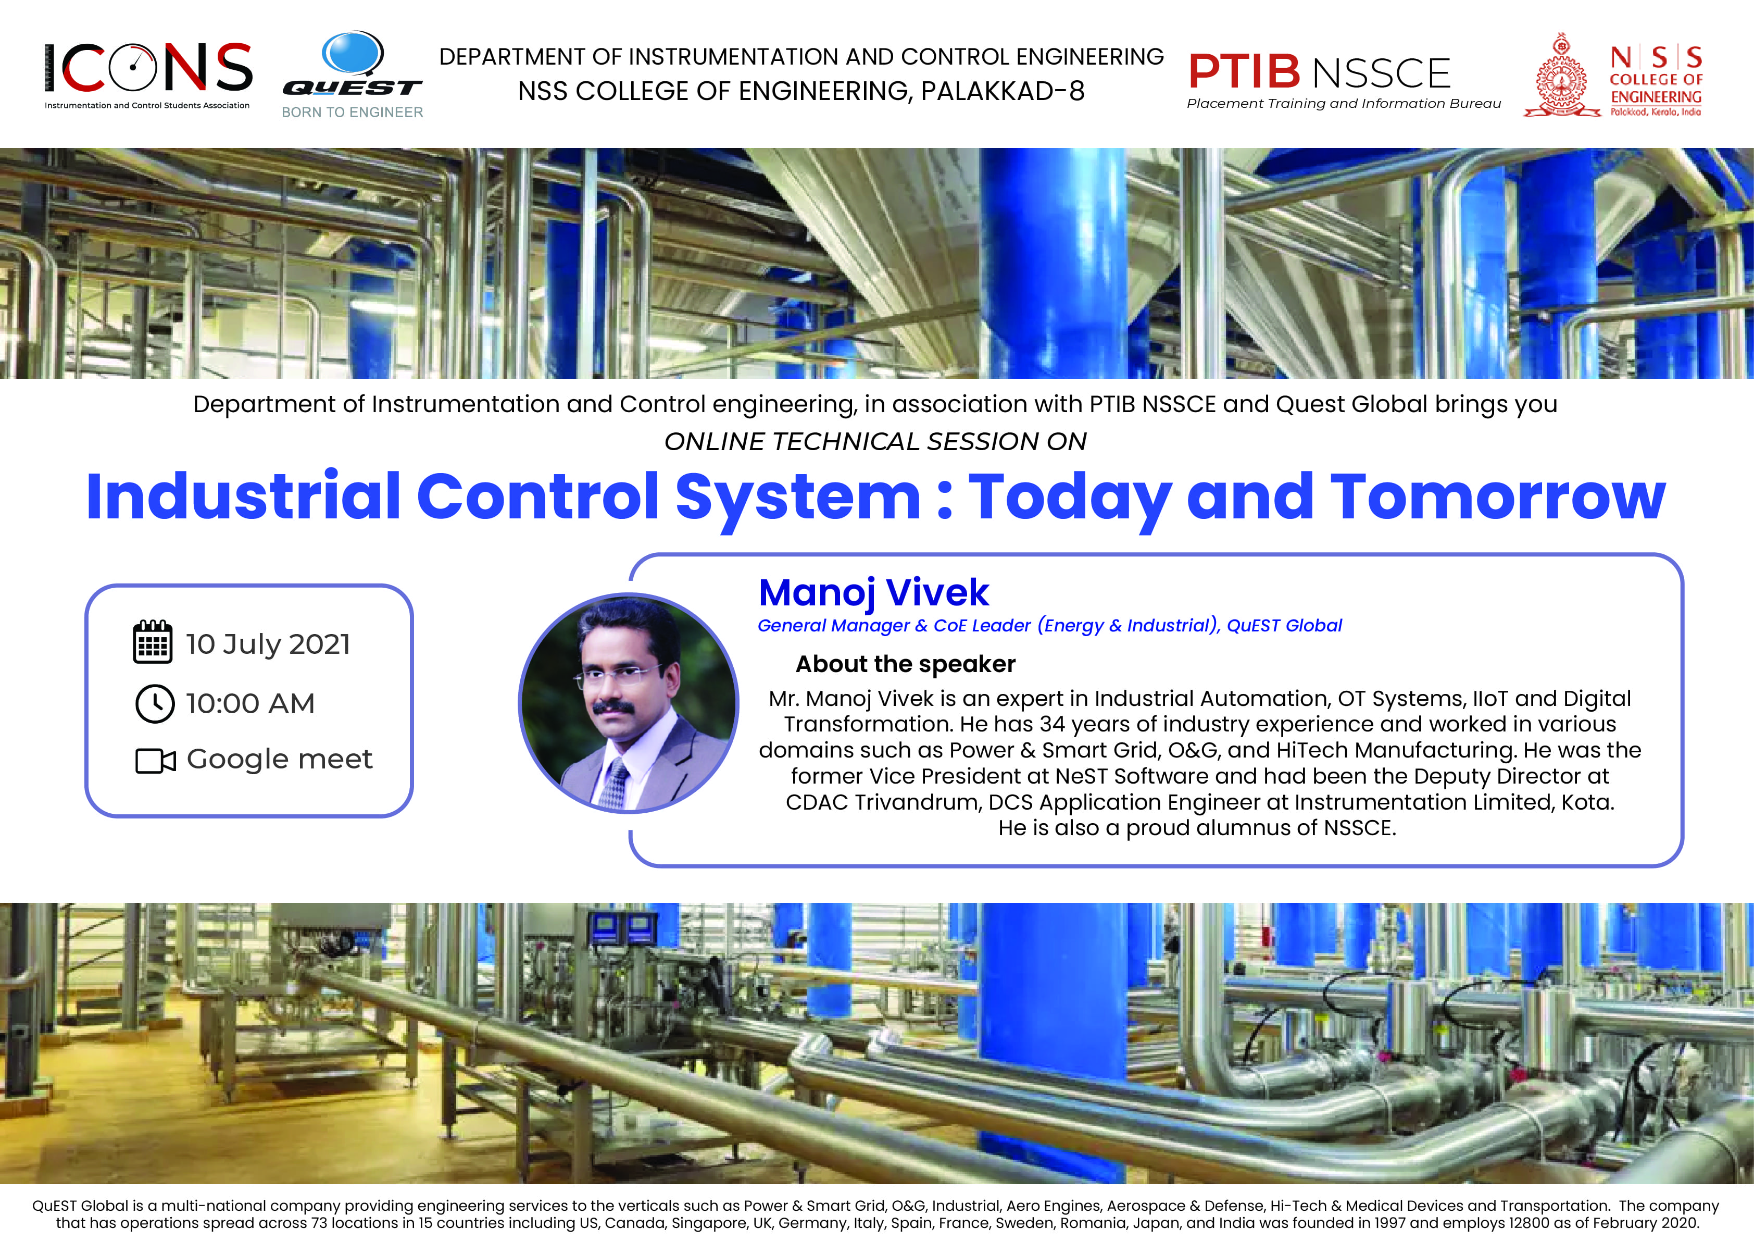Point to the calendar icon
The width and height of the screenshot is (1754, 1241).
coord(153,641)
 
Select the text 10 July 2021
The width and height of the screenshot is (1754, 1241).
coord(268,644)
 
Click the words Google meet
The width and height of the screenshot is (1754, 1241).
coord(280,760)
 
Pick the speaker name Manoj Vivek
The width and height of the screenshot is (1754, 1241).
coord(873,593)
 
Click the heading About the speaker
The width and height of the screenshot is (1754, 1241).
coord(905,664)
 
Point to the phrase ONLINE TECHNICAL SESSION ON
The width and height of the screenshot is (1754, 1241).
coord(875,442)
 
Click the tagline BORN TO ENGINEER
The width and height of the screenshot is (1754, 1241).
coord(352,113)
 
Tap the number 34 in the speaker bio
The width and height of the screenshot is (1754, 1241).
coord(1052,724)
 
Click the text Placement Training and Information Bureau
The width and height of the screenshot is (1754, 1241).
coord(1344,104)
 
